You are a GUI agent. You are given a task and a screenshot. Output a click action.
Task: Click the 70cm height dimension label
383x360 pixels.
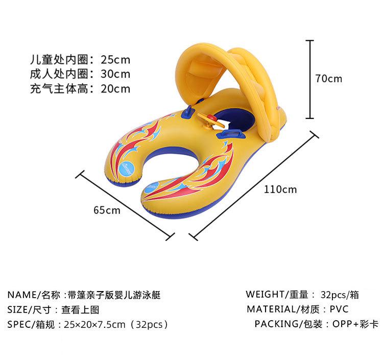click(329, 79)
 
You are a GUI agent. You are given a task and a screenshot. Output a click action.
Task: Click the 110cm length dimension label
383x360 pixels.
click(280, 189)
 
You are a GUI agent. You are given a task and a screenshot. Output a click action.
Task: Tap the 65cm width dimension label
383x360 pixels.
click(107, 209)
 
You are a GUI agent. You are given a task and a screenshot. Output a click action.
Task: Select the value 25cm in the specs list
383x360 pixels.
click(115, 58)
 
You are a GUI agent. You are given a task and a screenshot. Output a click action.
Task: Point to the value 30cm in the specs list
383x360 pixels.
click(115, 74)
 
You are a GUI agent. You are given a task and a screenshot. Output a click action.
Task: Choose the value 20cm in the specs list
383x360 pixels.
click(115, 89)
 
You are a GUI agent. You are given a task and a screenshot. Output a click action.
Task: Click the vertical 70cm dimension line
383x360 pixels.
click(309, 79)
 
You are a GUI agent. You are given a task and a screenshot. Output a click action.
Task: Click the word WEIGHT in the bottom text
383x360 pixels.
click(265, 294)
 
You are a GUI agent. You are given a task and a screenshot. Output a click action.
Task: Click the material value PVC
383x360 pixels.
click(339, 309)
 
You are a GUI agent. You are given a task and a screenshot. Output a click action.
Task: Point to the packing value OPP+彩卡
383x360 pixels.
click(355, 324)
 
